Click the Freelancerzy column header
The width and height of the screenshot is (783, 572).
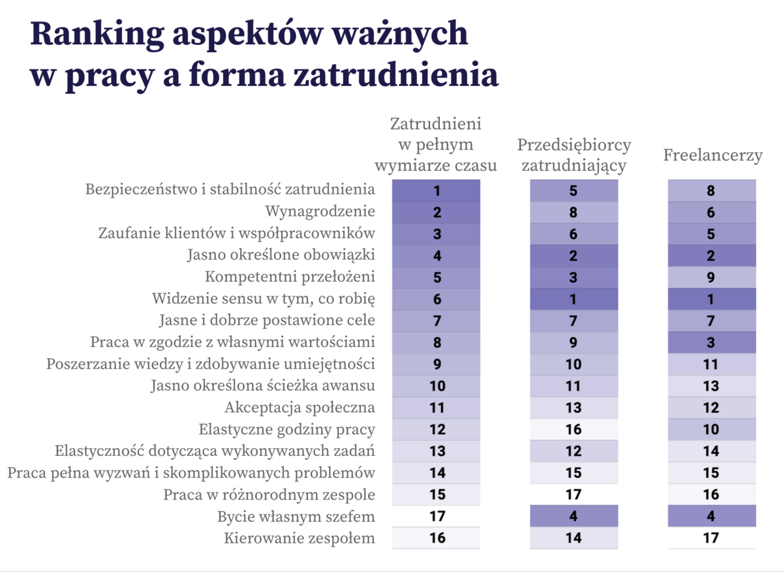point(713,156)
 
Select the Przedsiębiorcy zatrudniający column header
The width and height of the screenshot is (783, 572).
point(574,155)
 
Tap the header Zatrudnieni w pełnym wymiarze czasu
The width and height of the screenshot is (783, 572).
point(436,144)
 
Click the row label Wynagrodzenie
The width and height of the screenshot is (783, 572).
point(320,212)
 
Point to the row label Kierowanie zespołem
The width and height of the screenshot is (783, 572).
point(299,538)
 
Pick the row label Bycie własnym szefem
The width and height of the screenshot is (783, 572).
point(296,517)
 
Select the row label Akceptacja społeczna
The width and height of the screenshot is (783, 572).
point(299,408)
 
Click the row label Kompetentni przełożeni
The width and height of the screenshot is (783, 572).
point(290,277)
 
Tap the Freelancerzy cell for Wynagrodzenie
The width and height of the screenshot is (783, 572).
point(711,212)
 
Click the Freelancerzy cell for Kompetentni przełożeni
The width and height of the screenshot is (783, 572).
point(711,277)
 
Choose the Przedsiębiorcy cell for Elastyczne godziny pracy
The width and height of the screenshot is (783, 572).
point(573,429)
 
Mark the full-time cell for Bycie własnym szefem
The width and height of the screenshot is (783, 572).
point(437,517)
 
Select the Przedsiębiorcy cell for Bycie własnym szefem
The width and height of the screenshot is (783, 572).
point(573,517)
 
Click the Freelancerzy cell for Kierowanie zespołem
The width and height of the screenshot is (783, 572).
point(711,538)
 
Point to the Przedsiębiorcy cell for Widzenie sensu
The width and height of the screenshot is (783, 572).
point(573,299)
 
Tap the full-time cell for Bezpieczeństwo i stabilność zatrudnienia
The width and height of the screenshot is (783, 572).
point(437,190)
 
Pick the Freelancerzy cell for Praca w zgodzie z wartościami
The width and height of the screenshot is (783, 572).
point(711,342)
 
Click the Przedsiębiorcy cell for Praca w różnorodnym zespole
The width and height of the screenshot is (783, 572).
point(573,494)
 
